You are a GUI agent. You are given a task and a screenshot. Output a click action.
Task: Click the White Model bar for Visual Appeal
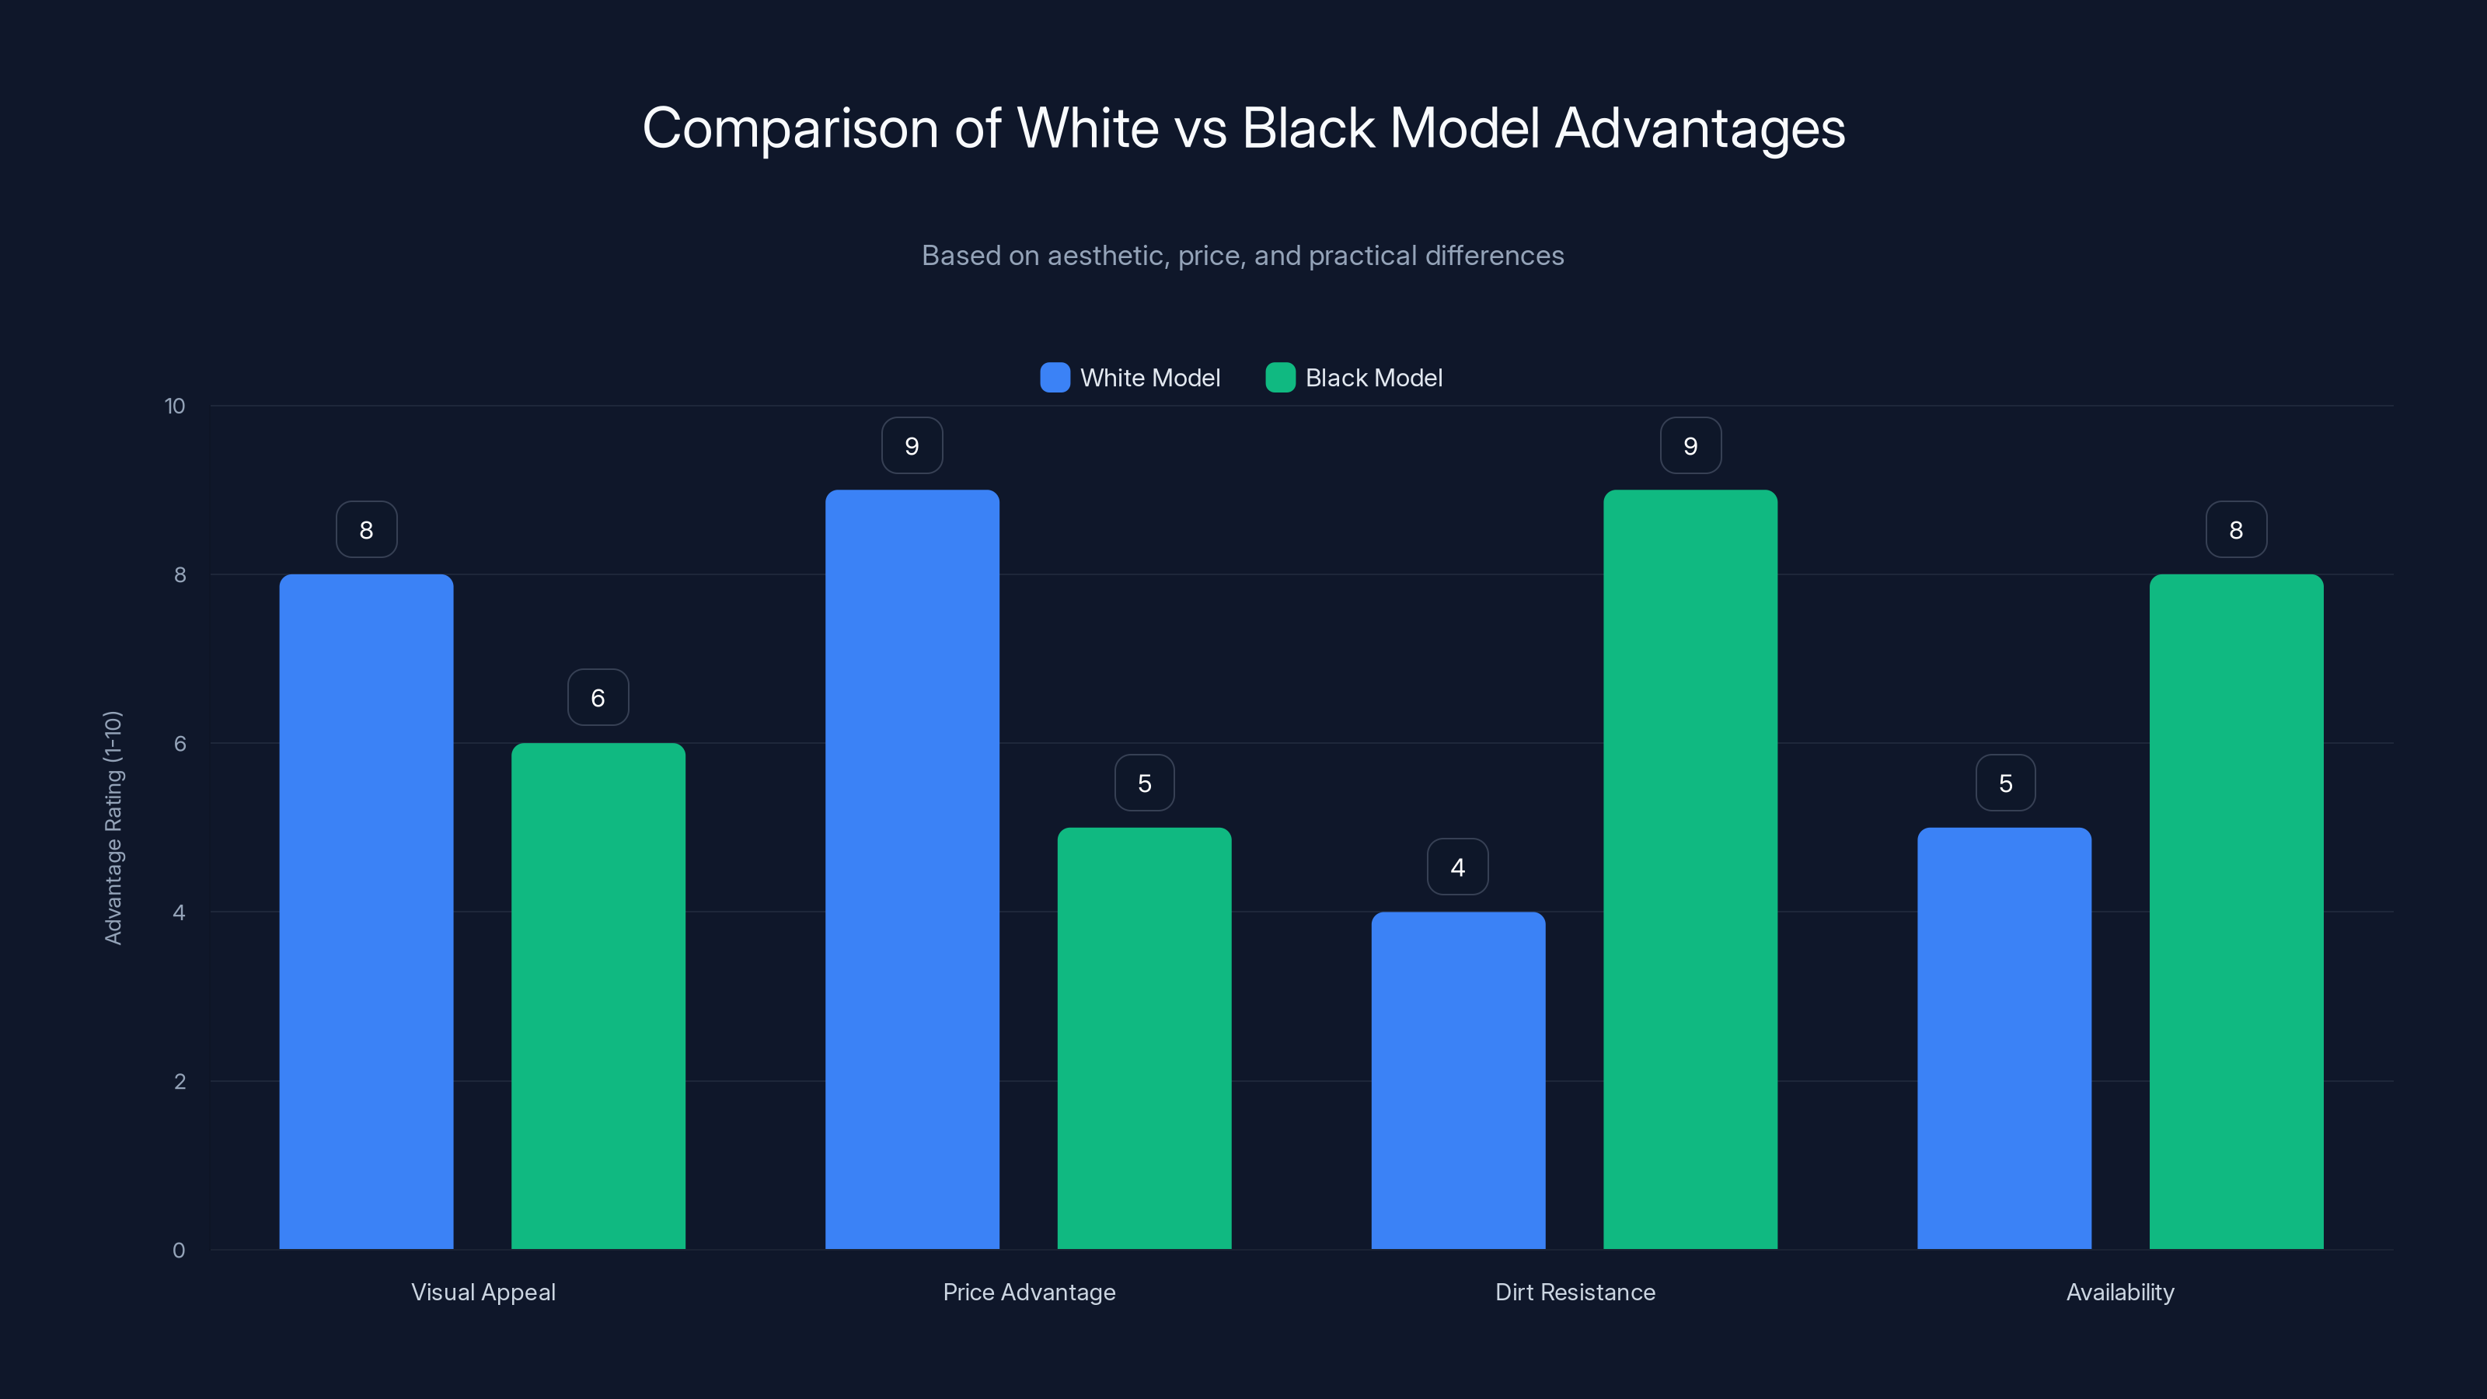coord(366,912)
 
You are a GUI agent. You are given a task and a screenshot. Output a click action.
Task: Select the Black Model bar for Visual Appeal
coord(598,996)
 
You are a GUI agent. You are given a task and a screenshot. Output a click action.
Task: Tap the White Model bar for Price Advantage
coord(912,869)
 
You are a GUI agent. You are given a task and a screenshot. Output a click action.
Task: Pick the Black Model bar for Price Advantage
coord(1144,1038)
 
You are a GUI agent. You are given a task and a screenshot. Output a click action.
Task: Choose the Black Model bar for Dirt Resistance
coord(1690,869)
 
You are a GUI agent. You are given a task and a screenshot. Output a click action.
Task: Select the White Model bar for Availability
coord(2004,1038)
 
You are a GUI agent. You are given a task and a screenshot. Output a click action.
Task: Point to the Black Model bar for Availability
coord(2236,912)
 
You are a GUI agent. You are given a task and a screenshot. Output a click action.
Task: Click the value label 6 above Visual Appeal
coord(598,697)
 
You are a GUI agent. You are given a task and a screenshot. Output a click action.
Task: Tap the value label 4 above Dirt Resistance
coord(1458,867)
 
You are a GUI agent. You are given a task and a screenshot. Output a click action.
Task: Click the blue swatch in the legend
coord(1055,378)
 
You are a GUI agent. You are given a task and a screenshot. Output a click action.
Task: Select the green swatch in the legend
coord(1280,378)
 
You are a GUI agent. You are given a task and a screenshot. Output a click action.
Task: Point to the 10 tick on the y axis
coord(175,406)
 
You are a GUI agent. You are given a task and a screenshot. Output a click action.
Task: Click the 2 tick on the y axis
coord(180,1081)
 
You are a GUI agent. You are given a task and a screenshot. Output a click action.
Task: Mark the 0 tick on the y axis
coord(179,1251)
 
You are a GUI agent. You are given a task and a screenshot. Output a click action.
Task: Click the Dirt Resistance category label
coord(1575,1292)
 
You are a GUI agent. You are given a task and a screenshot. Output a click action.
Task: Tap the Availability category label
coord(2120,1292)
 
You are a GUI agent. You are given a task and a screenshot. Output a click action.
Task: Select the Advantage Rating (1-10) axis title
coord(113,828)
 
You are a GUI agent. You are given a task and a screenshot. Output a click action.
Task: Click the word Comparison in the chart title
coord(790,128)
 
